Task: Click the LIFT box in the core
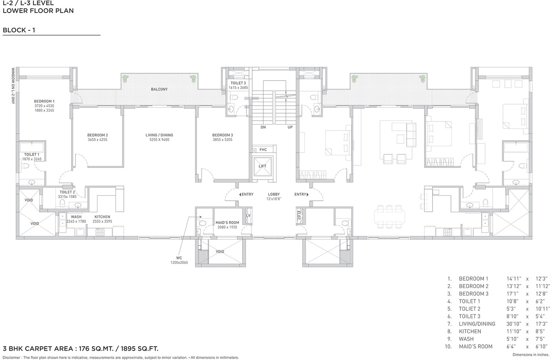tap(262, 167)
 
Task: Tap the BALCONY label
tap(159, 89)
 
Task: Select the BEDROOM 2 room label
tap(97, 135)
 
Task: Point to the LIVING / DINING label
tap(159, 135)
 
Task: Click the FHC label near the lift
tap(263, 150)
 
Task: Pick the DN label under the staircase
tap(263, 127)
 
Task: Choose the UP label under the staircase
tap(290, 127)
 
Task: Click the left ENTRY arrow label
tap(246, 194)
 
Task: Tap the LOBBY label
tap(274, 194)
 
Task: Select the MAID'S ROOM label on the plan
tap(227, 223)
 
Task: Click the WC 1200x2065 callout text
tap(179, 260)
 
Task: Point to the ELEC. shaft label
tap(299, 216)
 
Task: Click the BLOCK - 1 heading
tap(19, 30)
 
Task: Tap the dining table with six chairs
tap(389, 217)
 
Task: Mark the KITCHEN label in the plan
tap(103, 217)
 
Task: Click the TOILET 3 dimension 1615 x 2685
tap(238, 88)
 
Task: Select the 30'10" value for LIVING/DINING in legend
tap(514, 324)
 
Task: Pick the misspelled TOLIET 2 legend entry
tap(469, 309)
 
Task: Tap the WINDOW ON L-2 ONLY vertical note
tap(13, 86)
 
